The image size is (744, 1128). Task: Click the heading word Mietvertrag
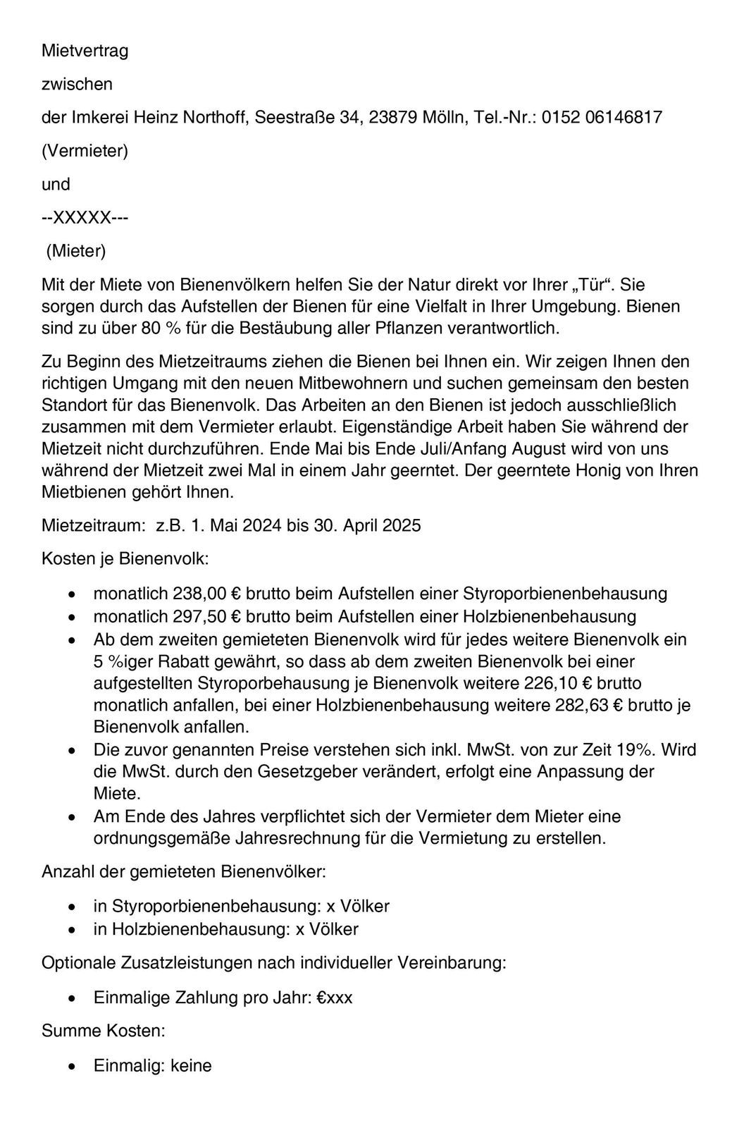click(x=85, y=51)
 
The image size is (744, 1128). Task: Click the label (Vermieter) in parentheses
click(x=85, y=151)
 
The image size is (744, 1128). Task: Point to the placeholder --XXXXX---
click(x=85, y=218)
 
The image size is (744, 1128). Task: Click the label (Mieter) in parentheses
click(x=76, y=251)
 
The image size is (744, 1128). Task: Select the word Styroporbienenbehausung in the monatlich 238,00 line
click(x=565, y=594)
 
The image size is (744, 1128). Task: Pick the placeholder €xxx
click(x=334, y=998)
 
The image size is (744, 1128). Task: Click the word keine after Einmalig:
click(x=191, y=1065)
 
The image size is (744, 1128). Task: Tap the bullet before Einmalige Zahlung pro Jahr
click(x=72, y=998)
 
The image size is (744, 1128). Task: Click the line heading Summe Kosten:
click(x=104, y=1031)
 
